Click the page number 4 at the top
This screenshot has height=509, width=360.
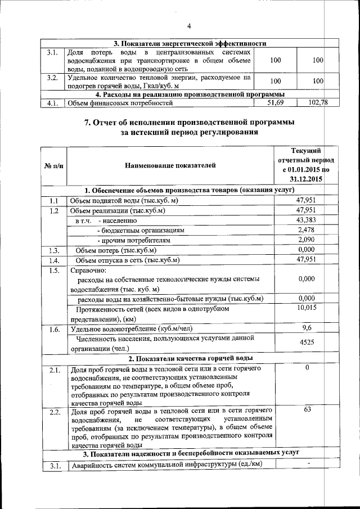click(x=189, y=26)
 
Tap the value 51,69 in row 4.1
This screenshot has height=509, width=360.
click(x=276, y=103)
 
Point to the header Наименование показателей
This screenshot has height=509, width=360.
click(x=170, y=165)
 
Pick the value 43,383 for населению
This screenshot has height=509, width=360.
click(x=307, y=219)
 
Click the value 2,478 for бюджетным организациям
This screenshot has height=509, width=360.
click(x=307, y=229)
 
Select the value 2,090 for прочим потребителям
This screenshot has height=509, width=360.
click(x=307, y=240)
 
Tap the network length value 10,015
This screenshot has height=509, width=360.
click(x=307, y=307)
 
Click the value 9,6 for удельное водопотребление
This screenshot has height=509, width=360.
click(x=307, y=327)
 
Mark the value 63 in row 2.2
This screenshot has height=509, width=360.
click(x=307, y=410)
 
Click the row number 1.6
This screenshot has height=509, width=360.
click(x=54, y=330)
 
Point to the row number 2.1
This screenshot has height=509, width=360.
click(x=54, y=370)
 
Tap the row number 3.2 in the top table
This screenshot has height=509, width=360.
click(x=53, y=78)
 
